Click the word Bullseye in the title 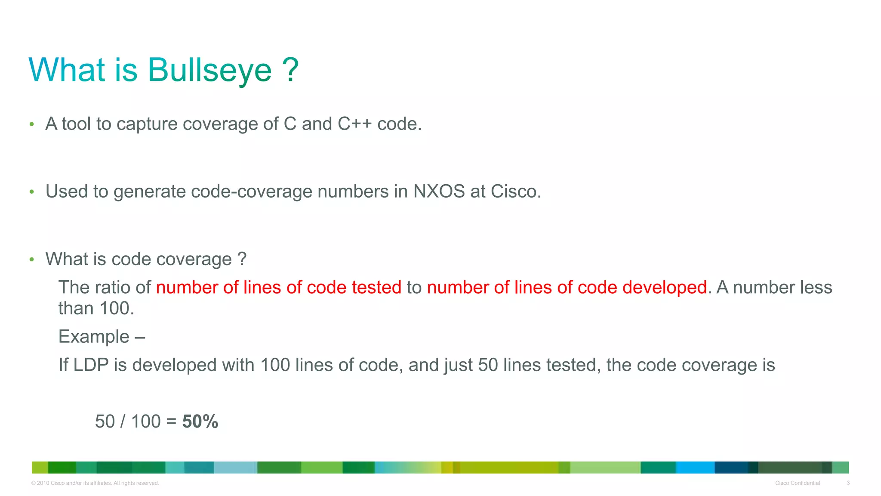tap(210, 70)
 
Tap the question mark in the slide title tap(290, 70)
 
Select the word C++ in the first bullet tap(354, 124)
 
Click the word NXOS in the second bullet tap(439, 192)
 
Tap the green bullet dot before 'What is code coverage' tap(31, 260)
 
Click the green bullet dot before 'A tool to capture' tap(31, 124)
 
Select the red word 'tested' tap(376, 288)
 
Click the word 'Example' tap(94, 337)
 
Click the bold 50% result tap(200, 422)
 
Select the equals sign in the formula tap(171, 422)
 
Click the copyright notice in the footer tap(95, 483)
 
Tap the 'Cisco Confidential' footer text tap(797, 483)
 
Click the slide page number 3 tap(848, 483)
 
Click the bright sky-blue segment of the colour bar tap(695, 468)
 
